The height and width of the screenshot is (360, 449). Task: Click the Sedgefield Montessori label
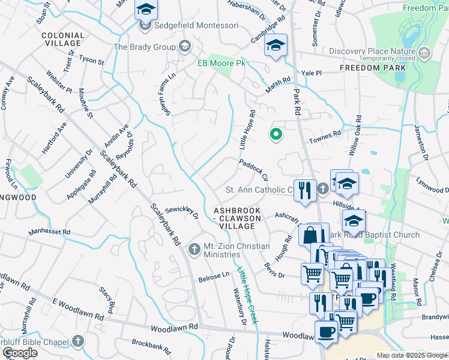point(196,26)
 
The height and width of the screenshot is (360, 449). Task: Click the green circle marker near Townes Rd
point(276,134)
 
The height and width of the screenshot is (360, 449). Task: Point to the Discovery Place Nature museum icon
point(425,54)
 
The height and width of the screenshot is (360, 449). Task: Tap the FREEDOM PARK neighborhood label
point(372,68)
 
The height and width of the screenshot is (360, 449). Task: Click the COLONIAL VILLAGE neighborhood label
point(62,40)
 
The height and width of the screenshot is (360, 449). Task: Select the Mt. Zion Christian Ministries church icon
point(194,249)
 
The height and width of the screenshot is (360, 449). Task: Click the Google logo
point(20,353)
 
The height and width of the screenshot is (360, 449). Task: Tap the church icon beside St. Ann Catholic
point(322,190)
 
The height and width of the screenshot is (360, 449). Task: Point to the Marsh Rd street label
point(279,84)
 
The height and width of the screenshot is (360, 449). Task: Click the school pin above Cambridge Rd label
point(276,46)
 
